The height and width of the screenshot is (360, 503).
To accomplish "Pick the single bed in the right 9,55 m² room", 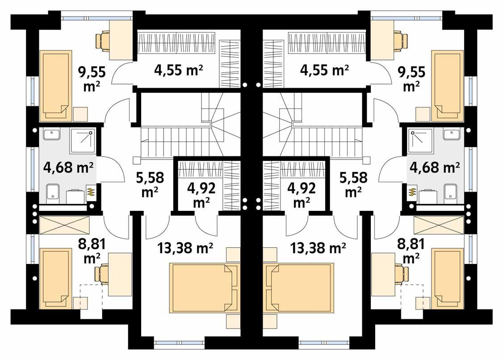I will [x=446, y=85].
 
